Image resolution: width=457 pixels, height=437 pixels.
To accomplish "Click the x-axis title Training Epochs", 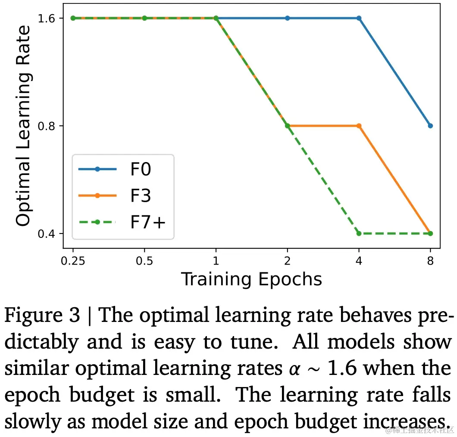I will (x=251, y=279).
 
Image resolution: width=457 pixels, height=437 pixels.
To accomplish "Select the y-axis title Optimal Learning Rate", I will (x=23, y=125).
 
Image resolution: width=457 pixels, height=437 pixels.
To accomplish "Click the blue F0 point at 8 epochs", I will (x=430, y=126).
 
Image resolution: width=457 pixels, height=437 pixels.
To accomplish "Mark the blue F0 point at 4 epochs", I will (x=359, y=18).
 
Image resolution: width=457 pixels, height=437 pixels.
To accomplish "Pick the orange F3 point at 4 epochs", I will (x=359, y=126).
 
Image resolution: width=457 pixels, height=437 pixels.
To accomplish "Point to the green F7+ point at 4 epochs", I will (x=359, y=234).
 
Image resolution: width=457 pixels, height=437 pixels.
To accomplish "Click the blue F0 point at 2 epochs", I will (x=287, y=18).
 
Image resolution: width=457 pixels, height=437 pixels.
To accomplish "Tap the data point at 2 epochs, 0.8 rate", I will (x=287, y=126).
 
